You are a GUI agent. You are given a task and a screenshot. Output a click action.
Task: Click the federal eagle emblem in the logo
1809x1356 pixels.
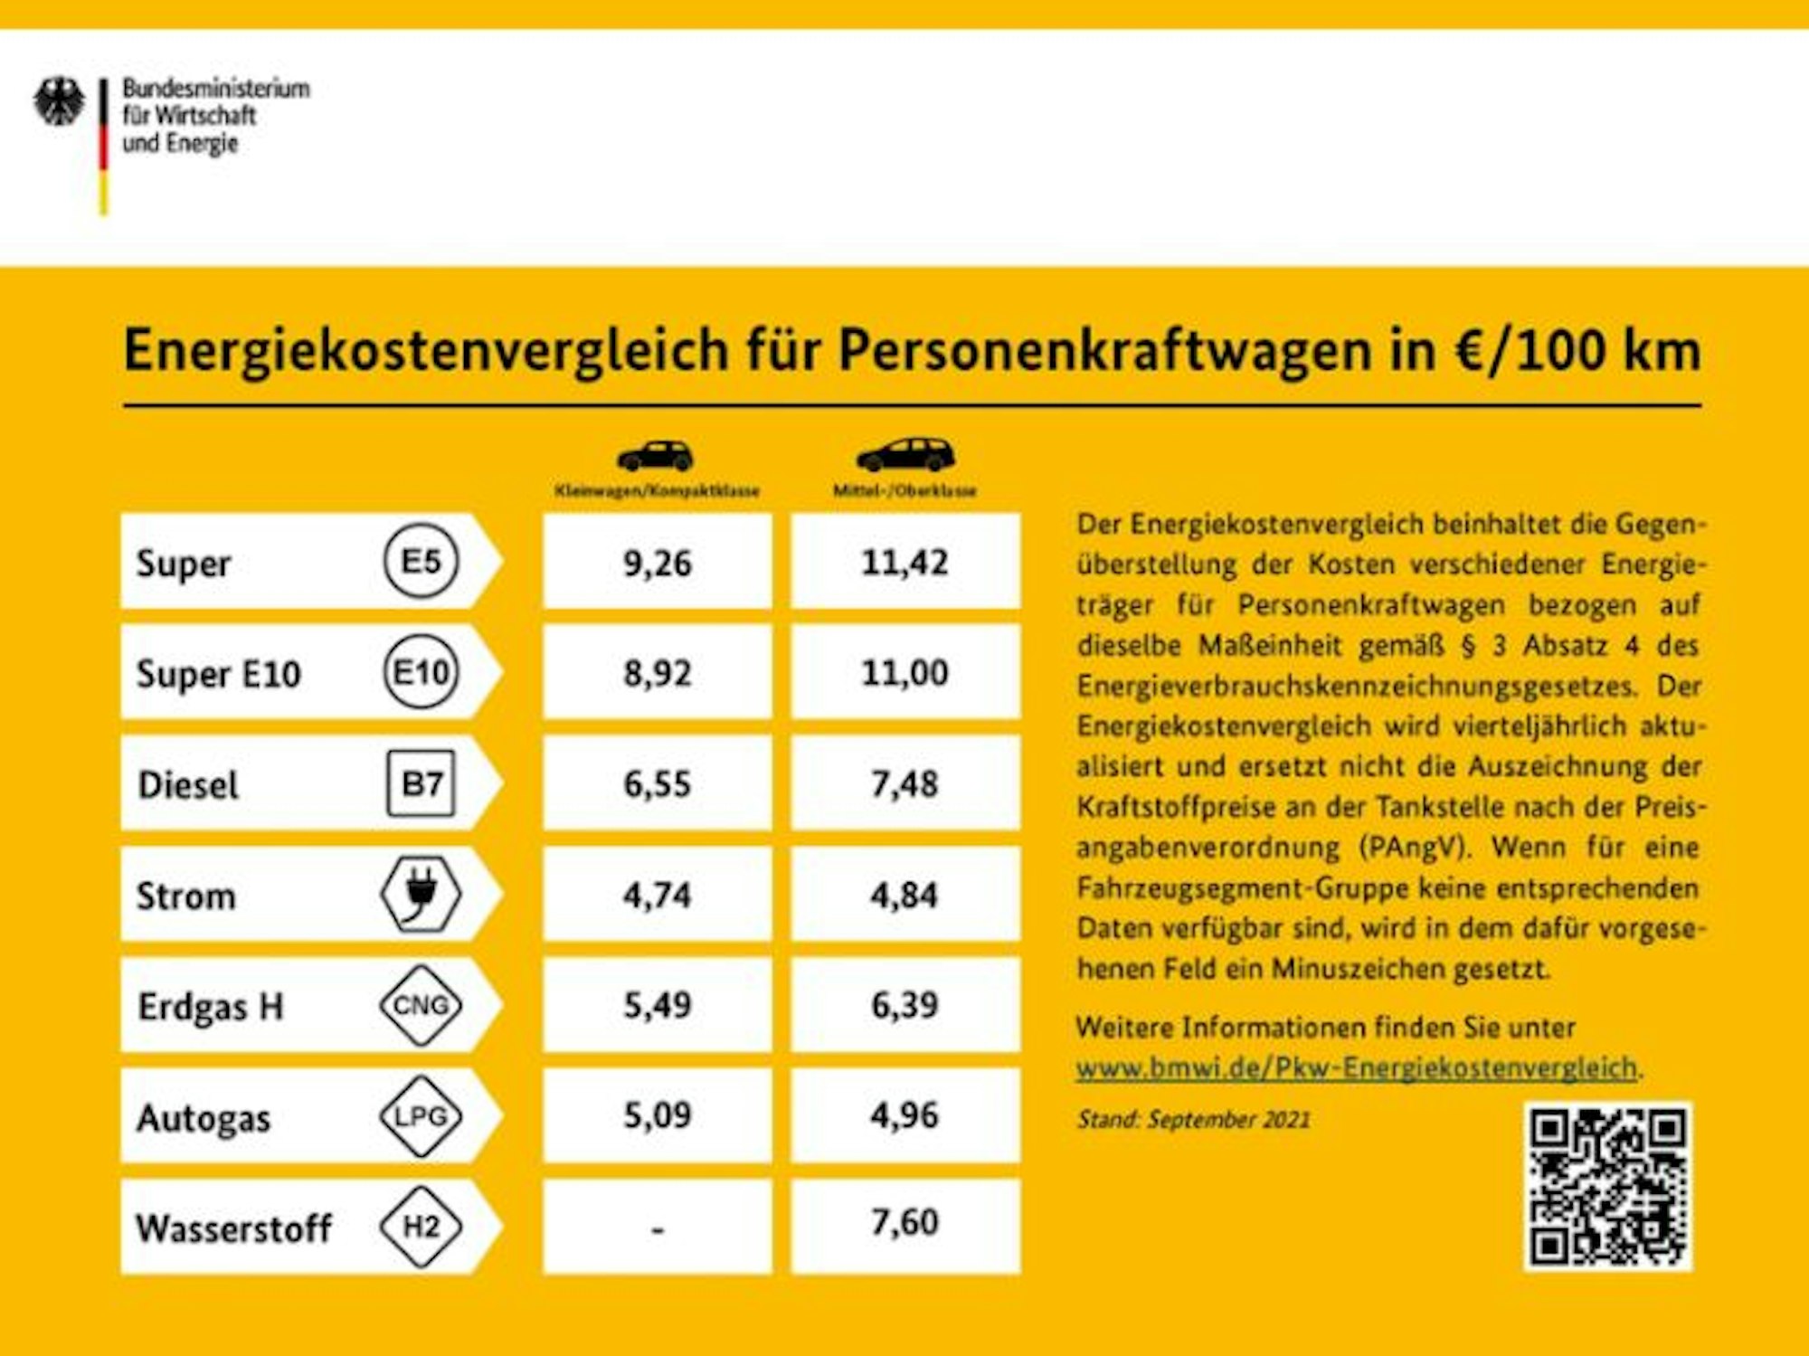59,102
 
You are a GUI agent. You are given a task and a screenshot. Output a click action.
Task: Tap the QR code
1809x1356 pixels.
1607,1185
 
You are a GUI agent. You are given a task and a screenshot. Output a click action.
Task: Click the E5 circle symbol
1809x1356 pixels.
421,562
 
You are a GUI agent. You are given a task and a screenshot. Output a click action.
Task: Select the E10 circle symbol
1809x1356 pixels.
421,672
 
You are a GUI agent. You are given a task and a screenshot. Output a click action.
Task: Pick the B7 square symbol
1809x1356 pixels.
421,783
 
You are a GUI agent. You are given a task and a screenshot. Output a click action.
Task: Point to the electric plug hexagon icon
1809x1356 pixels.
421,894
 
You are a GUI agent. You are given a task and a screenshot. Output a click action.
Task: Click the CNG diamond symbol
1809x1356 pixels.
421,1005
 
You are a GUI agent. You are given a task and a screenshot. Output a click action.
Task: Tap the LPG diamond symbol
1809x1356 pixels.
421,1116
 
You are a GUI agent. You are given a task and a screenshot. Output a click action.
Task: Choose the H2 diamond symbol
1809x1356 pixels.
421,1227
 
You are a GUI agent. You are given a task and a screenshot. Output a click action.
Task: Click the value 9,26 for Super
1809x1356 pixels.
658,563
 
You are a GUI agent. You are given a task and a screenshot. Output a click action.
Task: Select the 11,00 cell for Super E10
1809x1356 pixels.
904,673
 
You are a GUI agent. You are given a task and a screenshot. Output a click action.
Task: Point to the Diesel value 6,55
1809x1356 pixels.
658,783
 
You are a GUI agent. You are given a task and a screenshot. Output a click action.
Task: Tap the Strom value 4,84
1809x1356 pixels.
904,895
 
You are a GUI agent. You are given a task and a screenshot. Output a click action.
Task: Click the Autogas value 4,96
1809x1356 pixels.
904,1115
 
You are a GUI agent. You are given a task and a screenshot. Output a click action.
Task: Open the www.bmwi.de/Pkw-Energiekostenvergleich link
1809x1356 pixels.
1357,1068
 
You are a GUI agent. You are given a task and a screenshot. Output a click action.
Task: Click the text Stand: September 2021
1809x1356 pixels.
1193,1120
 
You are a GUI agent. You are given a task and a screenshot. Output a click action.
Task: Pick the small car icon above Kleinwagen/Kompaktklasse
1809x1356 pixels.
656,456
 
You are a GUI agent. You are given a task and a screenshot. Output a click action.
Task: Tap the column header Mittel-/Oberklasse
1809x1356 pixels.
904,491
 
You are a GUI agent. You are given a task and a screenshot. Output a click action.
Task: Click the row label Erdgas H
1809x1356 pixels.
211,1007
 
